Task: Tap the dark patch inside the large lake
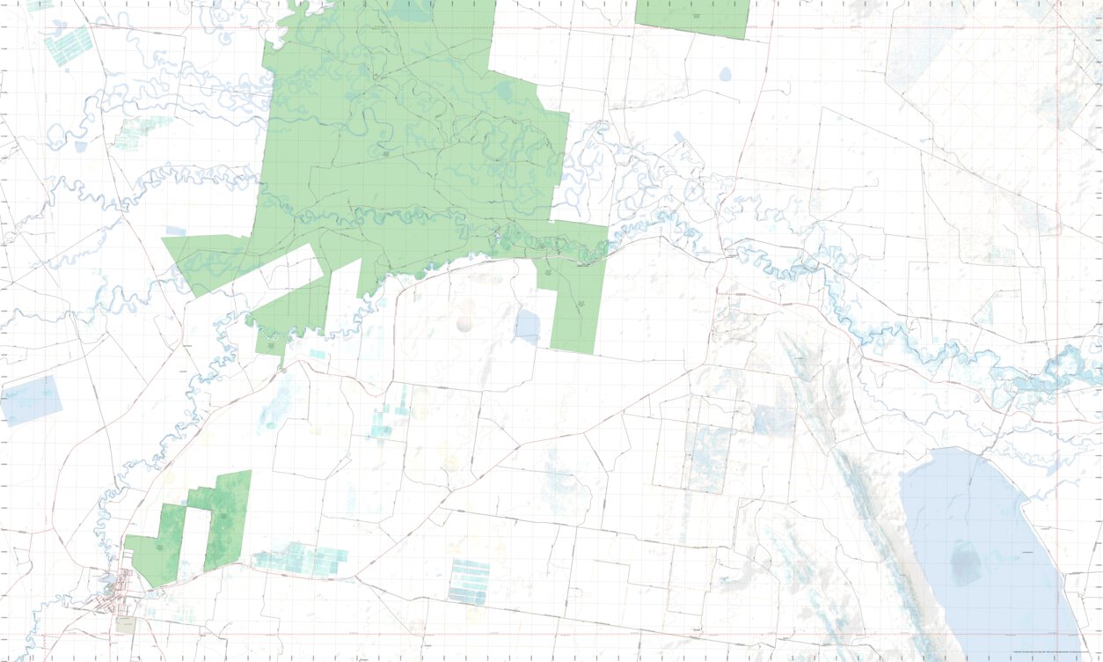[x=965, y=563]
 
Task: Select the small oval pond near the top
[x=725, y=75]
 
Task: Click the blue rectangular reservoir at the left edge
[x=33, y=400]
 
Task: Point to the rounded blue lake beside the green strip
[x=527, y=327]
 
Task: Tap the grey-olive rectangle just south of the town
[x=126, y=624]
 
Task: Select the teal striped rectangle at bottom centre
[x=468, y=581]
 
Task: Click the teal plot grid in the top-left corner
[x=69, y=46]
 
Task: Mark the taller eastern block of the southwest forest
[x=227, y=519]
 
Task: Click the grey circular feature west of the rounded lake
[x=465, y=323]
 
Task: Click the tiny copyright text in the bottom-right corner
[x=1056, y=651]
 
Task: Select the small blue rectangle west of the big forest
[x=176, y=231]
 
